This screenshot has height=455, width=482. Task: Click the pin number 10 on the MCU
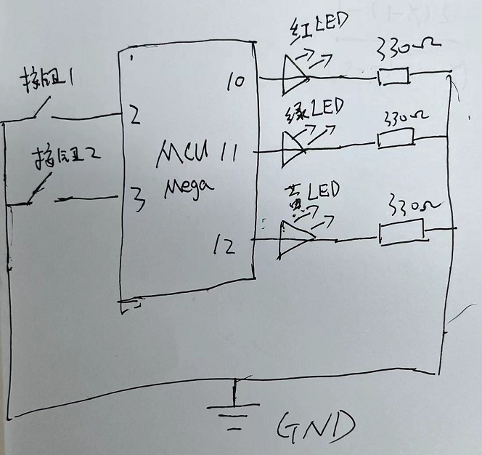click(x=235, y=81)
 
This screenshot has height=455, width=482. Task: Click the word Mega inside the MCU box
click(x=189, y=188)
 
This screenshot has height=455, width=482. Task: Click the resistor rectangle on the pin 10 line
click(x=393, y=76)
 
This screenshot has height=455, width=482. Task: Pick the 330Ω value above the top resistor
click(x=398, y=51)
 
